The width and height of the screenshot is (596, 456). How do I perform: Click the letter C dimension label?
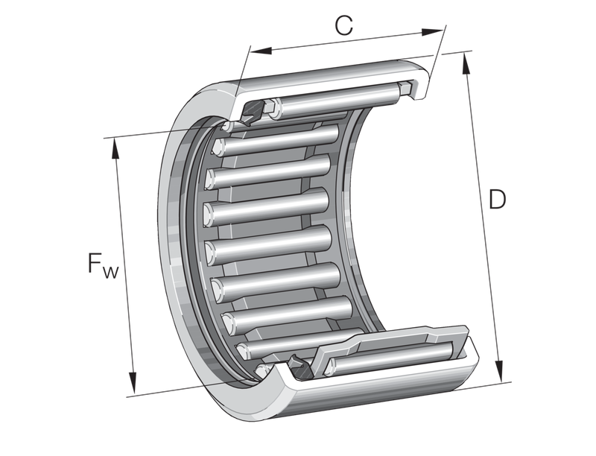(x=344, y=25)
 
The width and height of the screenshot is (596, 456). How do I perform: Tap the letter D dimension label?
(x=497, y=199)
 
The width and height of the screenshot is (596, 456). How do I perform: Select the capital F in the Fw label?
(x=95, y=262)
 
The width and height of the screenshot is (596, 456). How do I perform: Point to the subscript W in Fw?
(x=110, y=272)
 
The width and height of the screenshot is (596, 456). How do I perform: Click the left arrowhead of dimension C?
(x=261, y=51)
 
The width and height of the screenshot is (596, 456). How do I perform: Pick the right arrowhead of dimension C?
(x=433, y=32)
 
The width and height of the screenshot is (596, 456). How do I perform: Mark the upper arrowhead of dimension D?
(x=465, y=63)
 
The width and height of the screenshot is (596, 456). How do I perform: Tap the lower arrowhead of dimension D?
(x=499, y=370)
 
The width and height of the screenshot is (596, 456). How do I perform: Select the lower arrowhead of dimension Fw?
(x=133, y=383)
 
